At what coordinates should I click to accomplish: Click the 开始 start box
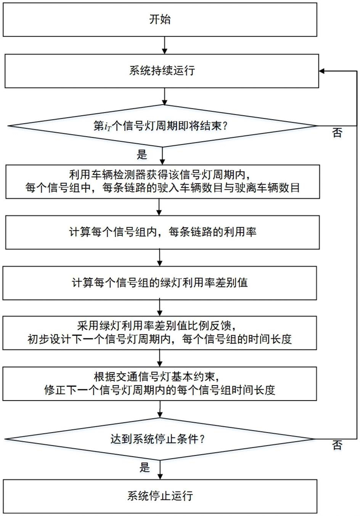(x=160, y=20)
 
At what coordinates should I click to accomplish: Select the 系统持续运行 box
(x=161, y=71)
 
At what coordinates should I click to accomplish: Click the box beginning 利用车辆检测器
(x=162, y=181)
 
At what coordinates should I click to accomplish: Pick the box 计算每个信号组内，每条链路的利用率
(x=162, y=232)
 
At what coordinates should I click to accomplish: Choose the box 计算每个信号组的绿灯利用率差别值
(x=160, y=283)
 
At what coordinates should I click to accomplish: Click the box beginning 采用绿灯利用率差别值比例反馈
(x=160, y=333)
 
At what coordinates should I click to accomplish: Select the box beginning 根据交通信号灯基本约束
(x=160, y=383)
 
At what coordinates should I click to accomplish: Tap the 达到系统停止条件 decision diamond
(x=160, y=439)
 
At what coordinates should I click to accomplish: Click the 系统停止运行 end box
(x=160, y=496)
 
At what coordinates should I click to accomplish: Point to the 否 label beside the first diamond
(x=337, y=133)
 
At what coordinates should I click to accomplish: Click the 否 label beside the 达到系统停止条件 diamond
(x=337, y=445)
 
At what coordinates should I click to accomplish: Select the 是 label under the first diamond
(x=142, y=154)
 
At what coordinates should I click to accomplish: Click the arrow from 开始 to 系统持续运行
(x=164, y=45)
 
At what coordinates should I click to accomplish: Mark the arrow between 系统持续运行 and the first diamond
(x=164, y=96)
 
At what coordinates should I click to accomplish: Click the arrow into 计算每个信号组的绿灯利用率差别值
(x=160, y=258)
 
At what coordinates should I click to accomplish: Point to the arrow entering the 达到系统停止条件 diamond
(x=160, y=410)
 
